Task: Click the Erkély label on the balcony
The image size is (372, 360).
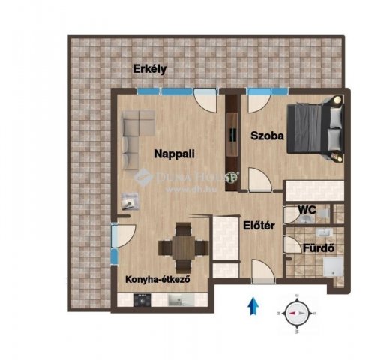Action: pos(149,69)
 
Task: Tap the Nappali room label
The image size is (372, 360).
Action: pos(174,154)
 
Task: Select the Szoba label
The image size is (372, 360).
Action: pos(267,136)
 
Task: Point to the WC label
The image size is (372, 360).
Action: pos(307,210)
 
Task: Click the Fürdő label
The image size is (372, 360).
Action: pos(319,248)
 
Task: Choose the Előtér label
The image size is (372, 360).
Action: pos(259,226)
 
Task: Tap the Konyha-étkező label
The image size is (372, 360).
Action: pos(157,279)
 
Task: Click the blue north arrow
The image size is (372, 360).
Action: pos(253,306)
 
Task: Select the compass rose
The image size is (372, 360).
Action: pos(296,313)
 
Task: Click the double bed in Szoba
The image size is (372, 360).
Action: pos(316,128)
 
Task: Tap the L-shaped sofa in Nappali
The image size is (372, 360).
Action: pos(137,140)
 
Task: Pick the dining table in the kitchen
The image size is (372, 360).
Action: pos(184,248)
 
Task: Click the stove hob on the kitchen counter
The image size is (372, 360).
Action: pos(142,300)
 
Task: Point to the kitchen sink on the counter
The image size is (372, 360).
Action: pos(178,300)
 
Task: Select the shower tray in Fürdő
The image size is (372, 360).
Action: pos(333,267)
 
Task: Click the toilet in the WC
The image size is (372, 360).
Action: pos(324,214)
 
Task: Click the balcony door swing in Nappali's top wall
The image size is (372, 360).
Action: pos(205,100)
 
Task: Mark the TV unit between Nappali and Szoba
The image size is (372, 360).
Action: pos(232,143)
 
